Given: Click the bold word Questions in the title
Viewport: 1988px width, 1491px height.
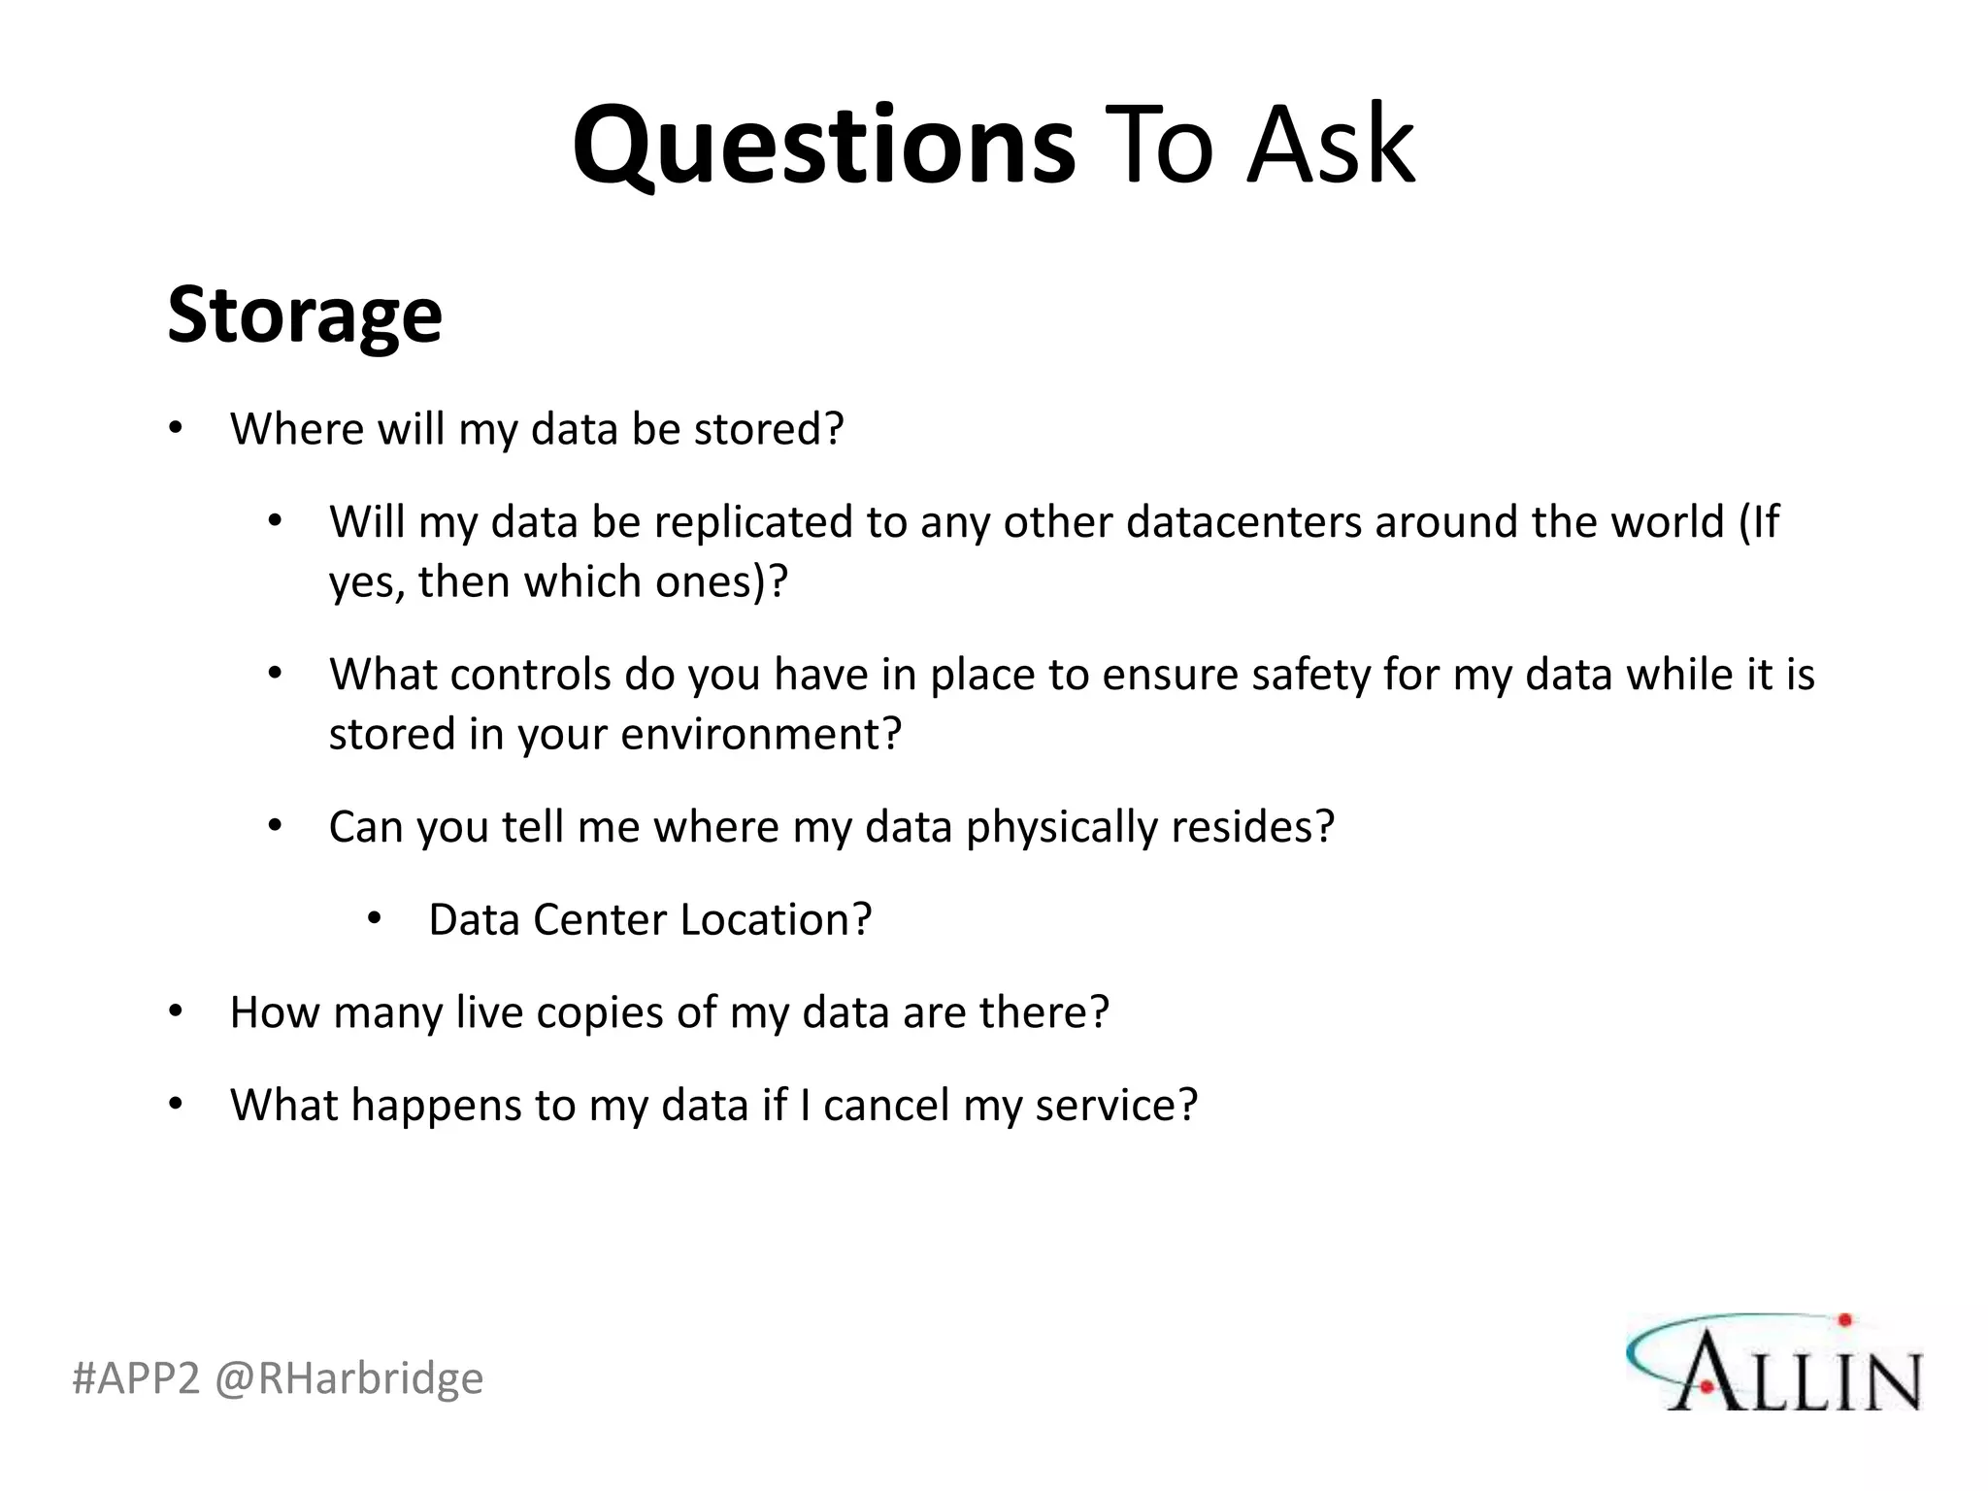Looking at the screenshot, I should click(823, 146).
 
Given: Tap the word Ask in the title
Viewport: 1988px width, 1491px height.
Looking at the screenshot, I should click(1331, 146).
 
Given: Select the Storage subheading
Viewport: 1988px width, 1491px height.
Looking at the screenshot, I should click(305, 315).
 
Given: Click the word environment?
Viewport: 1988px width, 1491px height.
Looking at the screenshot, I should click(761, 734).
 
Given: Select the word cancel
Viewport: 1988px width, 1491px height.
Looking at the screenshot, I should click(885, 1106).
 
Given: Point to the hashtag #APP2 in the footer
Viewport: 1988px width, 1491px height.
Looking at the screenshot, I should click(136, 1378).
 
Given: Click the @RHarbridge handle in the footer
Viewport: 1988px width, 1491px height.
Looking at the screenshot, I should click(348, 1378).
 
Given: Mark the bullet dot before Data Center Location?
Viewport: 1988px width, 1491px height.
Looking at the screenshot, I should click(375, 918).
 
